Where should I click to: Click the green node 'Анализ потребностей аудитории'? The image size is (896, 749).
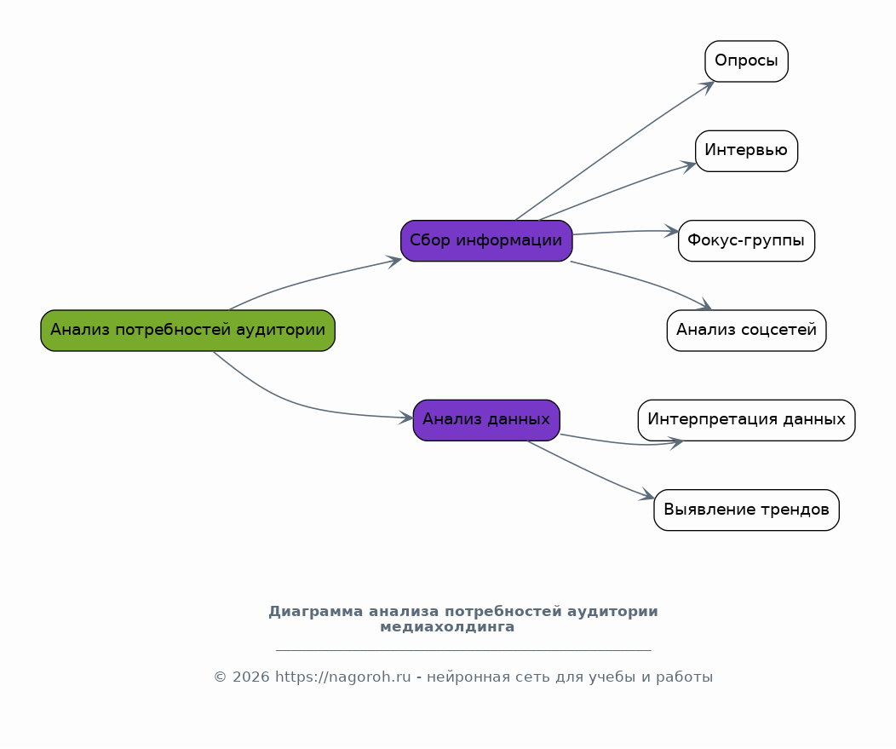tap(187, 331)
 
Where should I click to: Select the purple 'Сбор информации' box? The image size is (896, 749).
tap(486, 240)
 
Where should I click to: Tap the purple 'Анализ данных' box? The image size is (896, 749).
tap(486, 420)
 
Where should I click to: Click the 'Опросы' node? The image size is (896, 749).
tap(746, 61)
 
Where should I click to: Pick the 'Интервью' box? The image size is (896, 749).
tap(746, 151)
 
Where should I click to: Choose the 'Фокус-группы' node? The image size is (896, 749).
tap(746, 240)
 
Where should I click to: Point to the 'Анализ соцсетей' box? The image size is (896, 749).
tap(746, 331)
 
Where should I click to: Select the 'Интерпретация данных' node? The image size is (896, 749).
tap(746, 420)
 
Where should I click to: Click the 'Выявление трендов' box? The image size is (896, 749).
tap(746, 510)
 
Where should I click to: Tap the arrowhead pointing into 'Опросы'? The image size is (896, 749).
tap(707, 85)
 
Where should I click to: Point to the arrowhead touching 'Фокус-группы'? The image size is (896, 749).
tap(673, 231)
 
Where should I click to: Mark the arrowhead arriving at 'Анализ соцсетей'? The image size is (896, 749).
tap(704, 307)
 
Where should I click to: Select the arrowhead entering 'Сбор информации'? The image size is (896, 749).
tap(394, 261)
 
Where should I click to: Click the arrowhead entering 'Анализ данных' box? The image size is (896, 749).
tap(407, 418)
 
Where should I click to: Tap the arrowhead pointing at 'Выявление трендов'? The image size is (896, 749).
tap(648, 496)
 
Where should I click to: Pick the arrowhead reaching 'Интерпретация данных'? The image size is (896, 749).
tap(677, 442)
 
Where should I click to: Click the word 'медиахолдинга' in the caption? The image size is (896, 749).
tap(447, 627)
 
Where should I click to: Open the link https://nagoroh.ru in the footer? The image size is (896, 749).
tap(343, 677)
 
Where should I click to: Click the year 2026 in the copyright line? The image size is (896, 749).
tap(250, 677)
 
